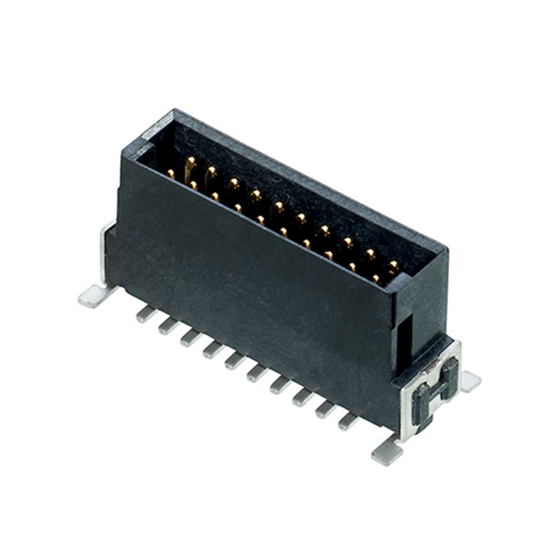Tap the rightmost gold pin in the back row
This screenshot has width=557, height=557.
point(393,265)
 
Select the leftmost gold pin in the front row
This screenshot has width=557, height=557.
point(171,174)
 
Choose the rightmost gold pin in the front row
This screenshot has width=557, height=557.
point(376,278)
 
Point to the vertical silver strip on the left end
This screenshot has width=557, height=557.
point(105,252)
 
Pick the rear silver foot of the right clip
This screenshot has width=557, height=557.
point(470,379)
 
